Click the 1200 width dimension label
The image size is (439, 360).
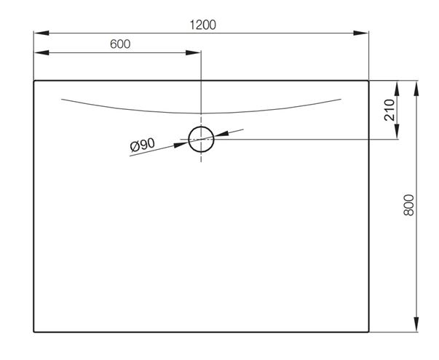(x=203, y=25)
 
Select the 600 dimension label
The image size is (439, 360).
(x=120, y=44)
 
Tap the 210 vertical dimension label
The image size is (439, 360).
(x=389, y=110)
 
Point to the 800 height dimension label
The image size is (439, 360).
(x=408, y=205)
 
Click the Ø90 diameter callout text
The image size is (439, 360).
(x=143, y=145)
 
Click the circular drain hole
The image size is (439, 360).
(x=202, y=127)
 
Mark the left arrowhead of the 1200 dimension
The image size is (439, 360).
(x=41, y=33)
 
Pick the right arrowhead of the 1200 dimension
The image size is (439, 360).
(x=361, y=33)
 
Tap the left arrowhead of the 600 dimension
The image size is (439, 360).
(x=41, y=52)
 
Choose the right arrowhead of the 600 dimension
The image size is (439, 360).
(x=193, y=52)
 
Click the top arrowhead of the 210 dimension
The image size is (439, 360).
(x=397, y=88)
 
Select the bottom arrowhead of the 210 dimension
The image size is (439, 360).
(x=397, y=132)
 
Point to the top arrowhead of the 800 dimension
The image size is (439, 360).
(x=416, y=88)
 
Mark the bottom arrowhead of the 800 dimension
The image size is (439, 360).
(x=416, y=325)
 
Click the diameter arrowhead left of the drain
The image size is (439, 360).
(x=181, y=145)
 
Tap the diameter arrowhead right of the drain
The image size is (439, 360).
(x=221, y=134)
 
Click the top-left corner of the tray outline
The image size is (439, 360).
(x=34, y=81)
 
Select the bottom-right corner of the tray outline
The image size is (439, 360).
(x=368, y=332)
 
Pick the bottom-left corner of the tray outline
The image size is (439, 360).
(x=34, y=332)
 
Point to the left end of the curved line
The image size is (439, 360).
(x=62, y=99)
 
